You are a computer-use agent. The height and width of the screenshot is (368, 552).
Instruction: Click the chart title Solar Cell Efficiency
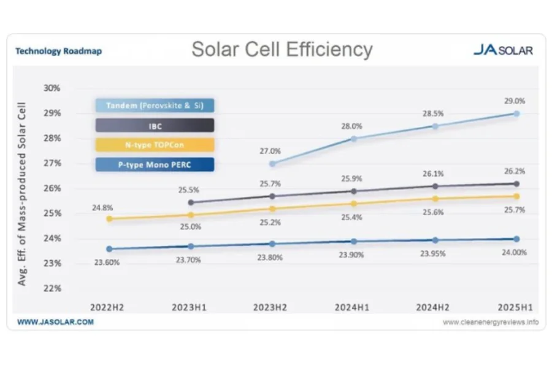[x=282, y=50]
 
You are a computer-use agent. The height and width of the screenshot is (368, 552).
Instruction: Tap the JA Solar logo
[x=503, y=50]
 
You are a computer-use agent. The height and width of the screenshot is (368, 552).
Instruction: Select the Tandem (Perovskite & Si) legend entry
[x=155, y=105]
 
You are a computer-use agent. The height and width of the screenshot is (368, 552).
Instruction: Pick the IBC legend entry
[x=155, y=125]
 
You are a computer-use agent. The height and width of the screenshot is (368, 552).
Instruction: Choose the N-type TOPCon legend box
[x=155, y=145]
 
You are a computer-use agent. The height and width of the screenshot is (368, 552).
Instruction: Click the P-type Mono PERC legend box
[x=155, y=164]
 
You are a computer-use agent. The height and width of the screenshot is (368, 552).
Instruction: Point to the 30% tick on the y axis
[x=52, y=88]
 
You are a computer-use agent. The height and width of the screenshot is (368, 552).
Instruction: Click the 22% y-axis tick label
[x=52, y=288]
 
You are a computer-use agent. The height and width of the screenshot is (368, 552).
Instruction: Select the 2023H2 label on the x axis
[x=272, y=306]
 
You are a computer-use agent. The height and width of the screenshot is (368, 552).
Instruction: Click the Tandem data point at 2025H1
[x=516, y=113]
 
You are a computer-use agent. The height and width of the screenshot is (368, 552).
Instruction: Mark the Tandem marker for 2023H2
[x=272, y=164]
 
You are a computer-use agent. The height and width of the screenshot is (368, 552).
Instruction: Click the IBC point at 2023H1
[x=191, y=202]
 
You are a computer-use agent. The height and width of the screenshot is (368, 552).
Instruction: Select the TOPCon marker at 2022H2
[x=109, y=218]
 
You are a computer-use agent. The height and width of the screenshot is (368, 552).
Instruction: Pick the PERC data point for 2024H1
[x=353, y=241]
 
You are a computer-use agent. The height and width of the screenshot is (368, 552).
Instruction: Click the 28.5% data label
[x=434, y=114]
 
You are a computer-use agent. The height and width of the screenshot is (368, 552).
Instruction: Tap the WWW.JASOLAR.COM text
[x=55, y=321]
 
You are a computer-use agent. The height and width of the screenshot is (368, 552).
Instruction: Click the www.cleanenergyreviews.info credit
[x=490, y=322]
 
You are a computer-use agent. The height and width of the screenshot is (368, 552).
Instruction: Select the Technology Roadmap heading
[x=58, y=51]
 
